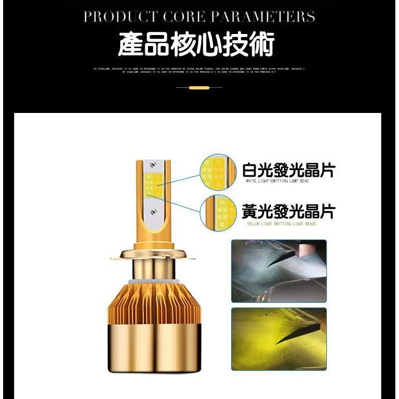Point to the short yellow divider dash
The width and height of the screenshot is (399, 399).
coord(199,88)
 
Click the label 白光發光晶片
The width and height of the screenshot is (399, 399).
coord(288,170)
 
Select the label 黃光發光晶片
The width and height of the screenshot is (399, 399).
coord(288,212)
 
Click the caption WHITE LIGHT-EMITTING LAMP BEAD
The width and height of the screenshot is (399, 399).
coord(277,181)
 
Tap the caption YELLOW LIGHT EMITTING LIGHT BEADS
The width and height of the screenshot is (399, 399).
coord(281,224)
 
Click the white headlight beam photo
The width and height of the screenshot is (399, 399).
coord(279,271)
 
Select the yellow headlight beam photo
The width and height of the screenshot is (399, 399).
coord(279,338)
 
